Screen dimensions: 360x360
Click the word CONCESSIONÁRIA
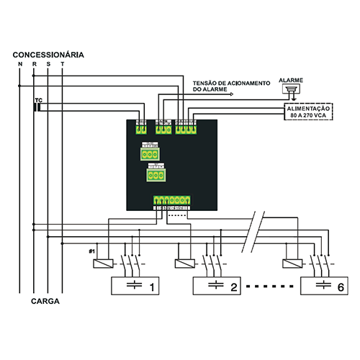48,55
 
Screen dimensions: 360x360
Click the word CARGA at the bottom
45,302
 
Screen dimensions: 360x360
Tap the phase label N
20,65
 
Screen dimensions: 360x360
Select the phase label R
34,65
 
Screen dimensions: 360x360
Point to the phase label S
48,65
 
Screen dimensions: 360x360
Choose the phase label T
63,65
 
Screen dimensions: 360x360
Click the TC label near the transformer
38,100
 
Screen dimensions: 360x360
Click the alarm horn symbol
291,91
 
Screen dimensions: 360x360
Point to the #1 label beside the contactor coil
91,251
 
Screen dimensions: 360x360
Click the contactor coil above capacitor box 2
184,264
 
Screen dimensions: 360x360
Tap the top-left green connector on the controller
140,130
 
